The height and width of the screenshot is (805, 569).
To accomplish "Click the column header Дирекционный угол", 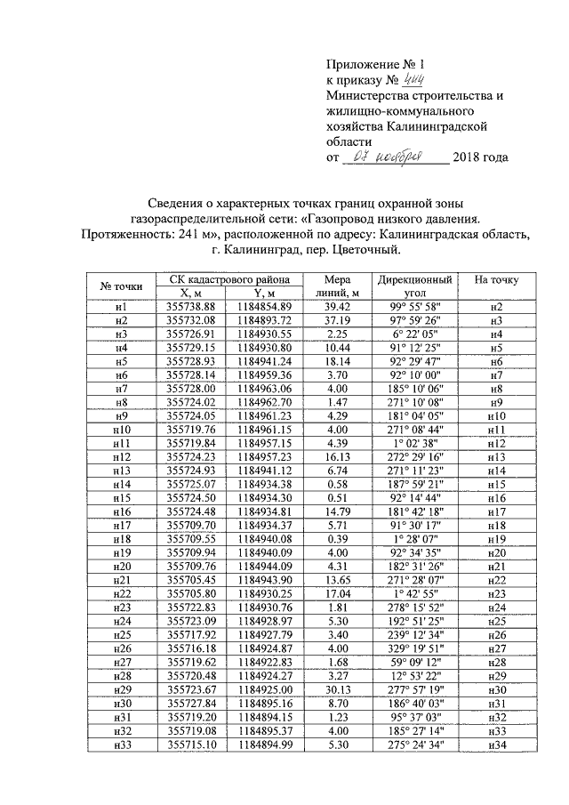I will point(414,286).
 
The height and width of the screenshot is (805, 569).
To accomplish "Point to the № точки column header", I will point(122,286).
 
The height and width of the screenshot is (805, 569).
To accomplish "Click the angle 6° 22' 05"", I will point(414,333).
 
